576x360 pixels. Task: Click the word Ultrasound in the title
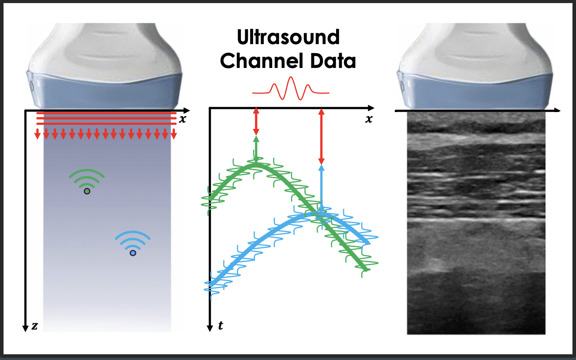[x=288, y=37]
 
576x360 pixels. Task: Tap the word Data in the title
[x=333, y=61]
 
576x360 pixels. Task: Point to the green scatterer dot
[x=87, y=191]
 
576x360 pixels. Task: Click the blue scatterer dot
[x=133, y=253]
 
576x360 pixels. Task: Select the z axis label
[x=34, y=326]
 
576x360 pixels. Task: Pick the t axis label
[x=221, y=325]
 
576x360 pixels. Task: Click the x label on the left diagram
[x=182, y=119]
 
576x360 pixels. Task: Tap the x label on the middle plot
[x=369, y=119]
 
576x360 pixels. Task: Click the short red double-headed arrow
[x=256, y=121]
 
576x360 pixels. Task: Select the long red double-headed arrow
[x=321, y=136]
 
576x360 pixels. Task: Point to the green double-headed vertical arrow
[x=256, y=149]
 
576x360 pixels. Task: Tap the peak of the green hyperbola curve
[x=256, y=165]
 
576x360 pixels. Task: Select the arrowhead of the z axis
[x=25, y=329]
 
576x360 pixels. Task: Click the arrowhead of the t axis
[x=210, y=328]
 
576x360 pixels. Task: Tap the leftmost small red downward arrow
[x=37, y=134]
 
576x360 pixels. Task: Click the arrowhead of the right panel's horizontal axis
[x=557, y=110]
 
